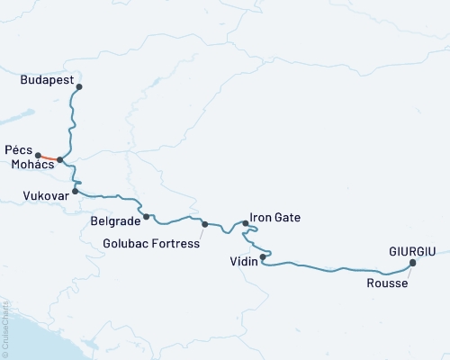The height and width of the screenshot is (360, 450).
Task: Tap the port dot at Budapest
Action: pyautogui.click(x=79, y=87)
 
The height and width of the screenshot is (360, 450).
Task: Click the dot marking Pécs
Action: pyautogui.click(x=39, y=155)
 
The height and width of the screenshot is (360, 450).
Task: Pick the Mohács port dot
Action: pyautogui.click(x=60, y=160)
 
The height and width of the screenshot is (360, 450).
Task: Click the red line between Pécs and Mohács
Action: pyautogui.click(x=49, y=157)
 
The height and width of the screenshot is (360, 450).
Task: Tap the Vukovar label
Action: pyautogui.click(x=44, y=194)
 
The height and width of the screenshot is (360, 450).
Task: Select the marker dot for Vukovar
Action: pyautogui.click(x=76, y=191)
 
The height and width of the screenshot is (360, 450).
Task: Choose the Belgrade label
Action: pyautogui.click(x=115, y=220)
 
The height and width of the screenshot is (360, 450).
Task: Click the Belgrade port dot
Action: pyautogui.click(x=147, y=216)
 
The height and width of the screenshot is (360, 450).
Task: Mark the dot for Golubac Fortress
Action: pyautogui.click(x=205, y=224)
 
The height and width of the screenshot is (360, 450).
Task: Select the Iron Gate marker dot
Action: pyautogui.click(x=245, y=222)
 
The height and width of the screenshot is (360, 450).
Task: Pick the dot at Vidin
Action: pyautogui.click(x=263, y=257)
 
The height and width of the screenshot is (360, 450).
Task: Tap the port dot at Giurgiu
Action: pyautogui.click(x=412, y=263)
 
